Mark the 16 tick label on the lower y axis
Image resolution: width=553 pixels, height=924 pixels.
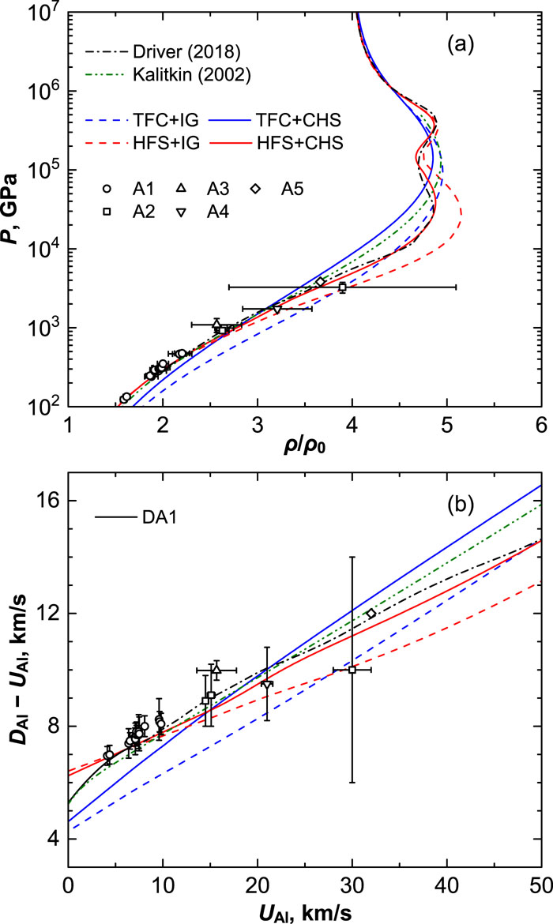(x=49, y=501)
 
